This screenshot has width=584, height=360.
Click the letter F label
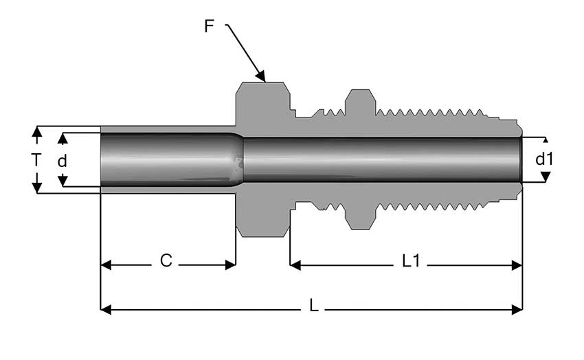pos(210,27)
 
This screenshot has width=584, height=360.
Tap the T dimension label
pos(36,160)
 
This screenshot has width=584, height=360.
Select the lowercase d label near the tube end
pos(63,161)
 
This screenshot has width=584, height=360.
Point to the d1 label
pos(544,159)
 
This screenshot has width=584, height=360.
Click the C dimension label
pos(166,261)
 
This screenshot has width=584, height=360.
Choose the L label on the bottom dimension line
pos(314,306)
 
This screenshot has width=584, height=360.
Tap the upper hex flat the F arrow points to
pos(263,85)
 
